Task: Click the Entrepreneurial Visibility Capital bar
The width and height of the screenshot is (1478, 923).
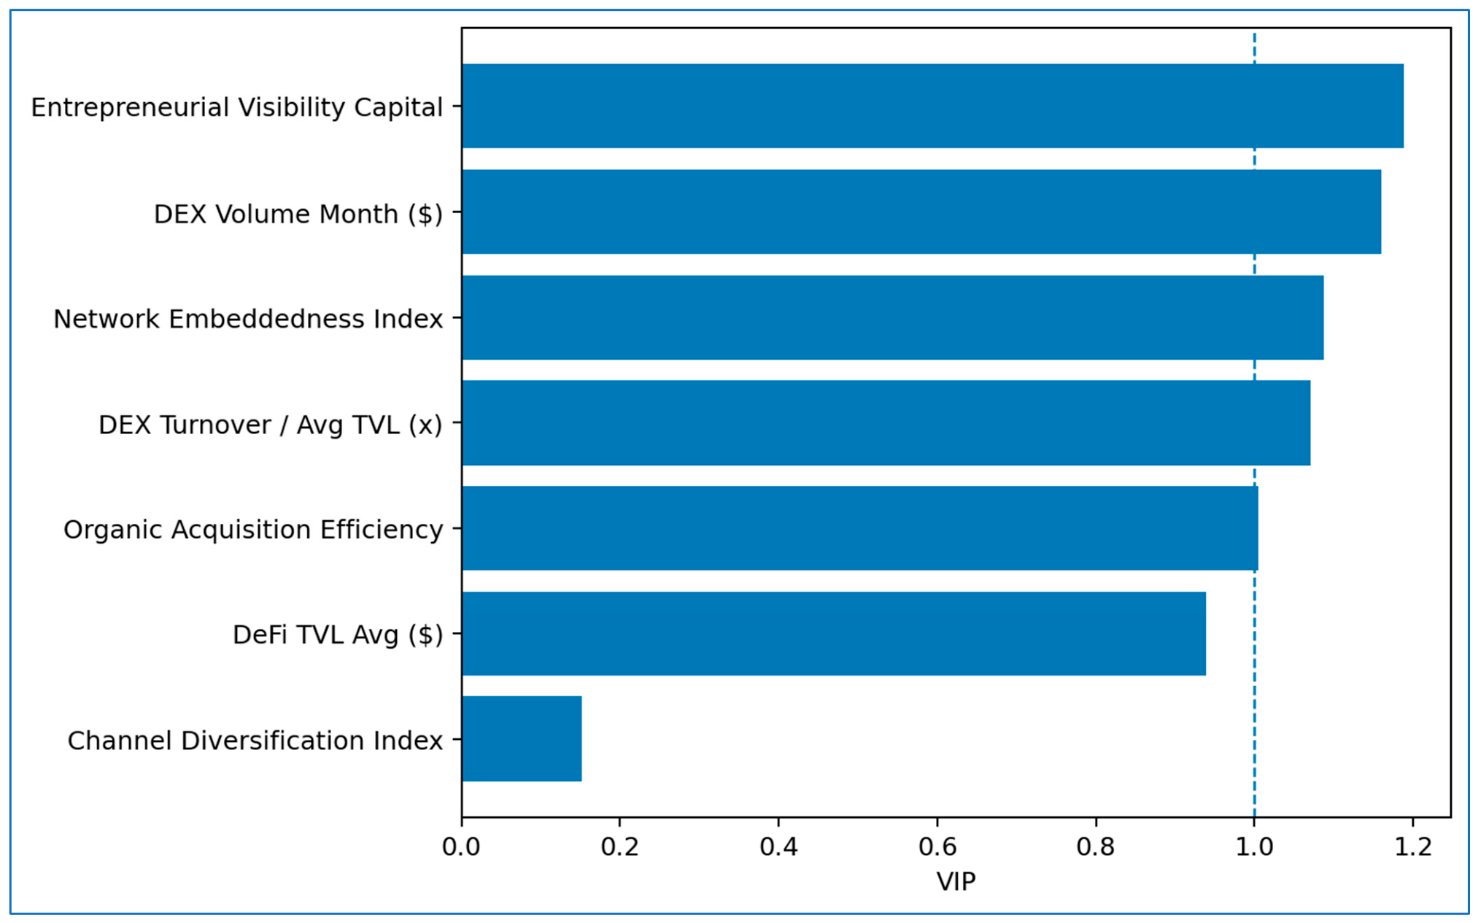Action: pyautogui.click(x=932, y=106)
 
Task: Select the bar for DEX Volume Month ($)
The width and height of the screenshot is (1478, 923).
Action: pyautogui.click(x=921, y=212)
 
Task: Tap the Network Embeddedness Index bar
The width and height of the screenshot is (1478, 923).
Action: pyautogui.click(x=892, y=317)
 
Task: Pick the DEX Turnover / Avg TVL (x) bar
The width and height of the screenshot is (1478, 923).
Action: pyautogui.click(x=886, y=422)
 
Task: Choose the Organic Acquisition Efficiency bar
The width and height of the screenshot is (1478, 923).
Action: pyautogui.click(x=859, y=528)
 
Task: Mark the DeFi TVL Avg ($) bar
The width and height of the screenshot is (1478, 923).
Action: pyautogui.click(x=833, y=633)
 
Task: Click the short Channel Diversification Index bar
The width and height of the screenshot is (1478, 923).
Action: pyautogui.click(x=522, y=739)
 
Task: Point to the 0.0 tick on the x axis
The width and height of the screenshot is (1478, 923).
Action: pyautogui.click(x=461, y=846)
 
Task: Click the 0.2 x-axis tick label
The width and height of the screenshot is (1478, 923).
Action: pyautogui.click(x=619, y=846)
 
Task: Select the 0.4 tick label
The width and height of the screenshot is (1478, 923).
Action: pyautogui.click(x=778, y=846)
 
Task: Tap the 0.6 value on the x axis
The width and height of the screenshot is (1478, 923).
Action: pyautogui.click(x=937, y=846)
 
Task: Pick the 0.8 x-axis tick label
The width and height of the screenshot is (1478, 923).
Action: pyautogui.click(x=1096, y=846)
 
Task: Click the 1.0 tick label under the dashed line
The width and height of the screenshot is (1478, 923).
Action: pyautogui.click(x=1254, y=846)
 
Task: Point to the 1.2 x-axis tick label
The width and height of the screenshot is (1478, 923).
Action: pyautogui.click(x=1413, y=846)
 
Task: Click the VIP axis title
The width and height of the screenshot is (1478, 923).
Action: pyautogui.click(x=956, y=881)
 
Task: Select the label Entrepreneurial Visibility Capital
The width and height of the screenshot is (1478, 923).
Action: pyautogui.click(x=236, y=107)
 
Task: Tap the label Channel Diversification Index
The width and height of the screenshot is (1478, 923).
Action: pyautogui.click(x=255, y=741)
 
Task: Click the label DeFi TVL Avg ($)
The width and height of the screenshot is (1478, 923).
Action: pyautogui.click(x=338, y=635)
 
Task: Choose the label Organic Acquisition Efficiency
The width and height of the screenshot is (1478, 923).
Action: pyautogui.click(x=253, y=530)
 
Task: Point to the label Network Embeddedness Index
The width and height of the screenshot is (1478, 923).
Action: pyautogui.click(x=248, y=319)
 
